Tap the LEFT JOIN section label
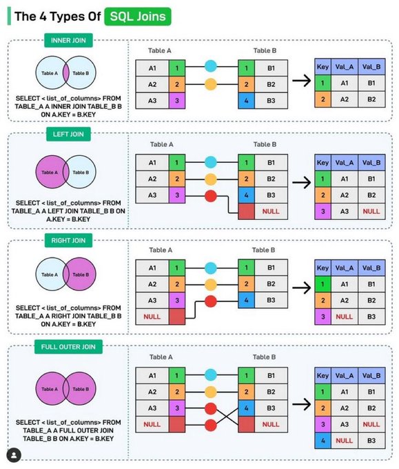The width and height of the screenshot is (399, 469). click(x=67, y=134)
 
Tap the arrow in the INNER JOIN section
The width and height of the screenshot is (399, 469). click(x=300, y=83)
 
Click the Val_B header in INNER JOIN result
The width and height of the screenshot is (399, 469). click(x=371, y=67)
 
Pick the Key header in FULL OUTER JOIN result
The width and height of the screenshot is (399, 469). click(x=322, y=376)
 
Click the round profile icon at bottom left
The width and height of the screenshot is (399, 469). click(x=13, y=455)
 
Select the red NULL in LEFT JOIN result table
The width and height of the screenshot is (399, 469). click(x=371, y=211)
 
